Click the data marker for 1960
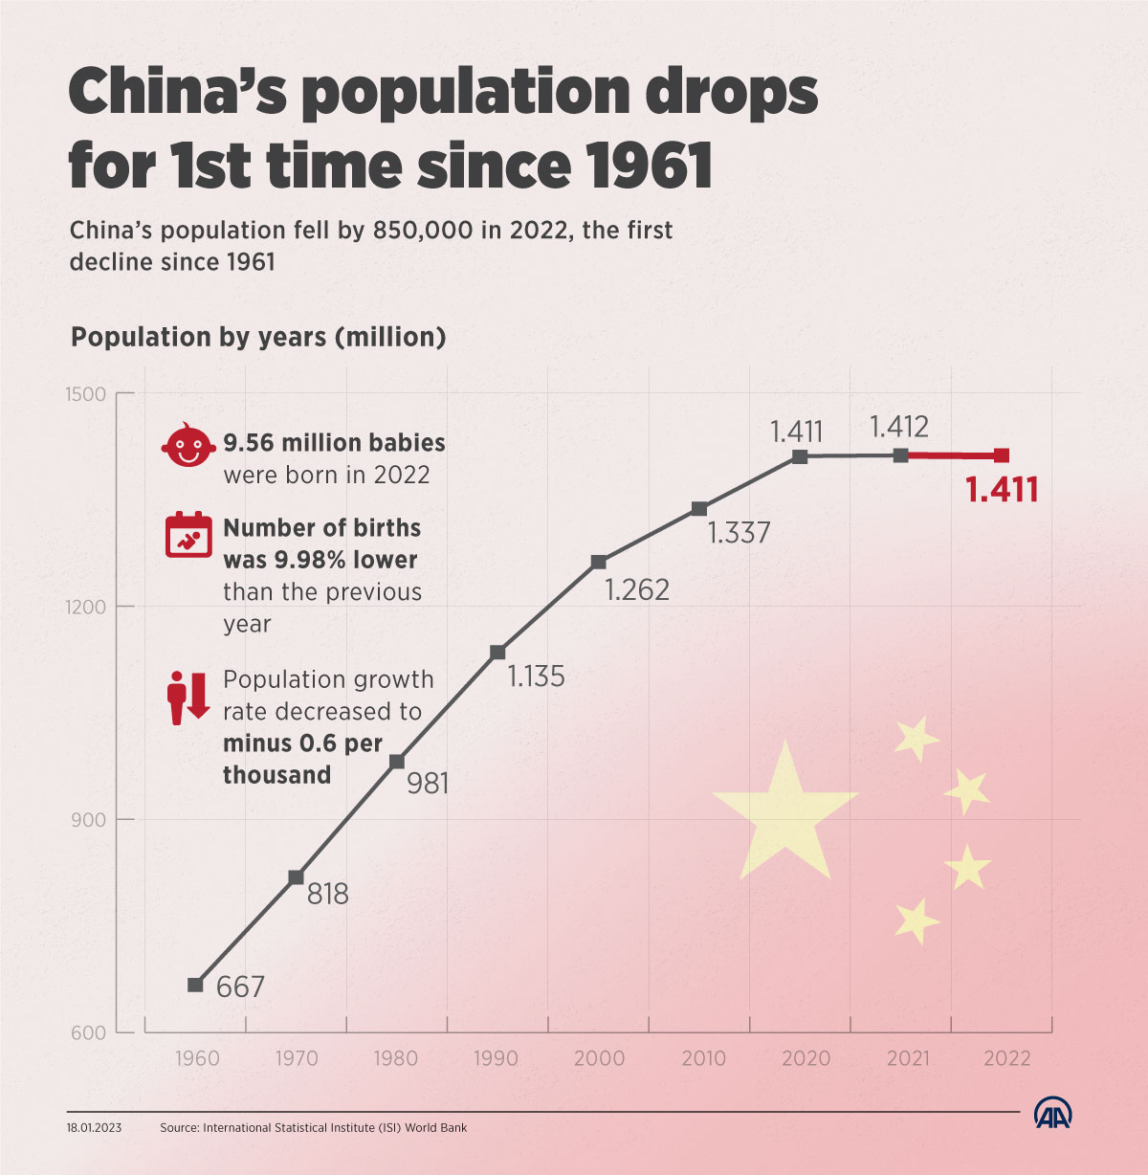click(195, 985)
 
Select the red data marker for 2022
click(1002, 455)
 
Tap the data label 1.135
click(536, 676)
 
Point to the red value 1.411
click(1002, 490)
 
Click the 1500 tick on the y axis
click(86, 394)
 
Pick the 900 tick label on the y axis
click(86, 820)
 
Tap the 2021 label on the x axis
click(908, 1058)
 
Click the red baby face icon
click(188, 446)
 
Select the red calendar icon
click(188, 535)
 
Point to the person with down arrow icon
click(188, 698)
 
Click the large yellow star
click(784, 813)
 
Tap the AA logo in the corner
click(1053, 1114)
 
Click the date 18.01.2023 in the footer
click(94, 1128)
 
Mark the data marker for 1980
click(397, 762)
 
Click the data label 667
click(240, 987)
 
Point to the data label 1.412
click(899, 427)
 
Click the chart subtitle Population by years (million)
click(258, 337)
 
